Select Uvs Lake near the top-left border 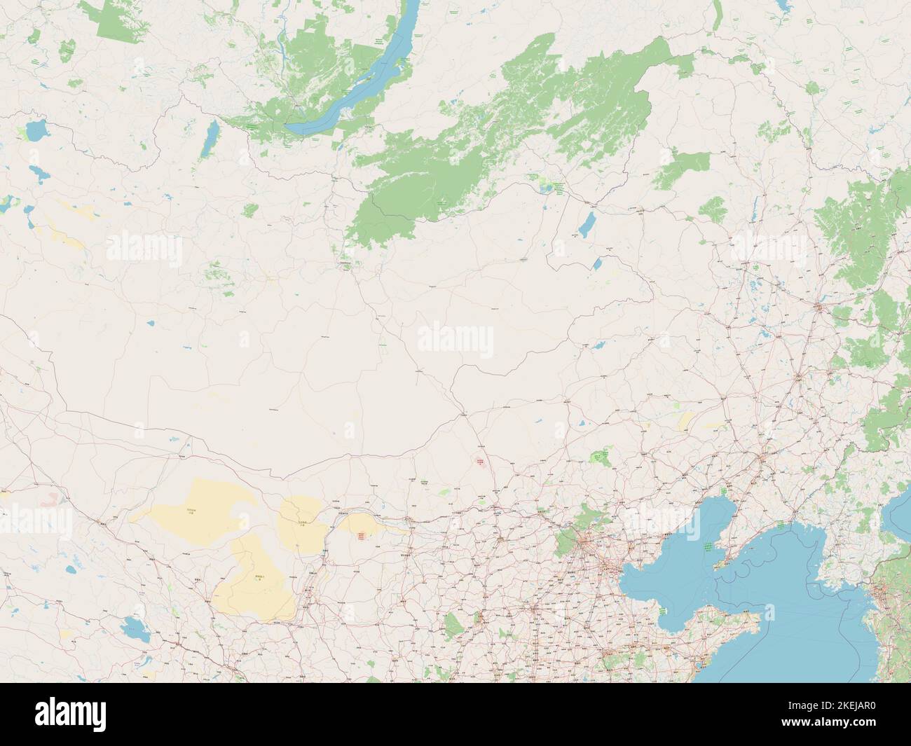click(x=35, y=130)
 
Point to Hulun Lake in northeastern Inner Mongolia click(x=585, y=226)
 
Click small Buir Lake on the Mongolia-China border click(x=597, y=264)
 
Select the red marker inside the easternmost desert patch click(x=362, y=536)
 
